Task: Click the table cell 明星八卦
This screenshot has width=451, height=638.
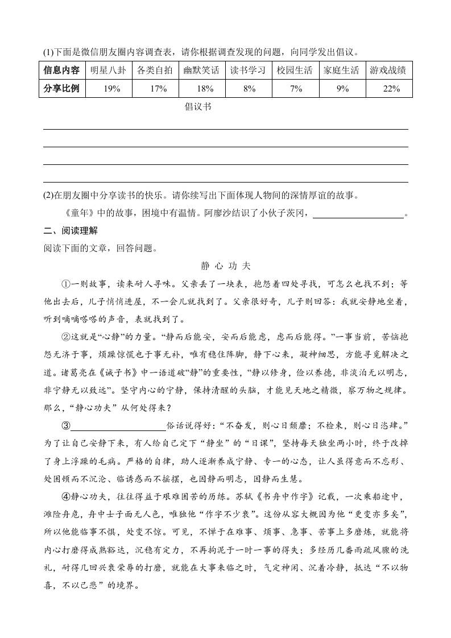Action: [x=105, y=71]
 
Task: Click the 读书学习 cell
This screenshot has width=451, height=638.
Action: [x=248, y=71]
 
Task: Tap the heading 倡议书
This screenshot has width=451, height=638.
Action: [x=198, y=107]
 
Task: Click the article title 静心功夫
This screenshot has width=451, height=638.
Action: [x=226, y=266]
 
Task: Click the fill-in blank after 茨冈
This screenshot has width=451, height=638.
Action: [x=358, y=214]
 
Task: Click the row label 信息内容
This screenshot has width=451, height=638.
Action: [x=61, y=71]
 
